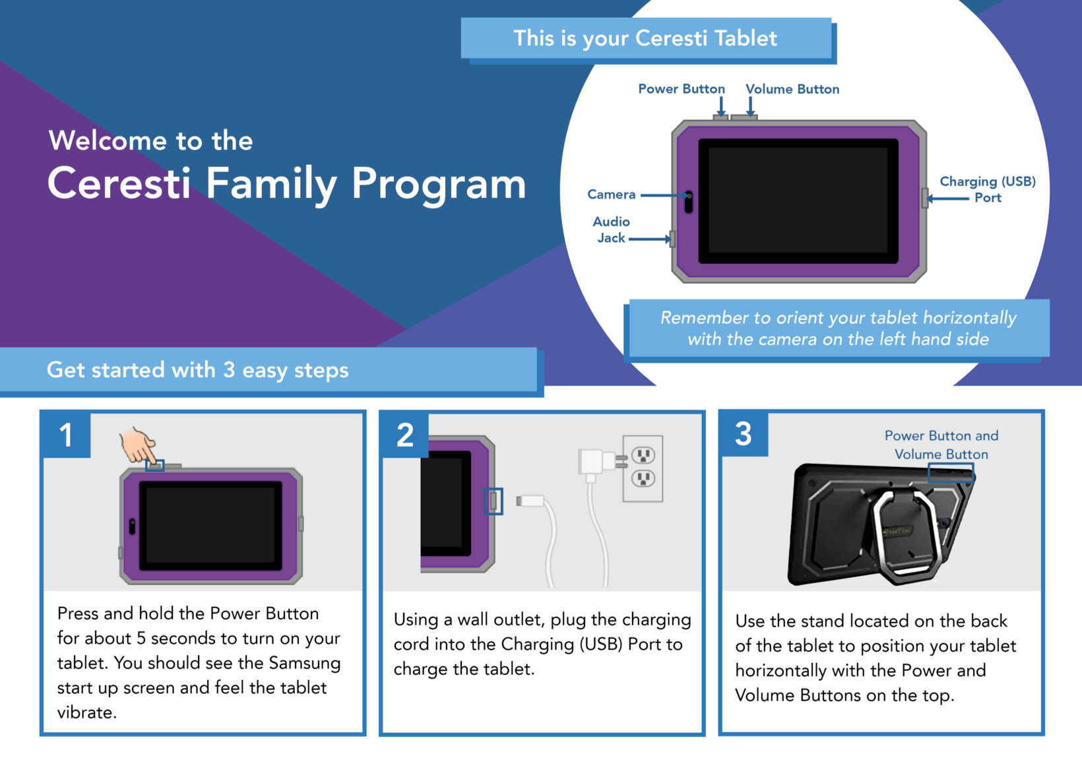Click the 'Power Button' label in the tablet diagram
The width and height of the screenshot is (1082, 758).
coord(681,89)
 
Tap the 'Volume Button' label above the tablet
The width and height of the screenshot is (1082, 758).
coord(792,89)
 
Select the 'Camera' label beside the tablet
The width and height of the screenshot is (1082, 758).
coord(611,194)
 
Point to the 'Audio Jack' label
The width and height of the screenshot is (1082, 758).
coord(611,230)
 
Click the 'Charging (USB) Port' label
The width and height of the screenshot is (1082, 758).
coord(987,189)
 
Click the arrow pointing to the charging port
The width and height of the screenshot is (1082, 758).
coord(947,198)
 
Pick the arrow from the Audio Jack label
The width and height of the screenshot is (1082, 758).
coord(650,239)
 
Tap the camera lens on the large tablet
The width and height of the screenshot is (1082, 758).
coord(689,196)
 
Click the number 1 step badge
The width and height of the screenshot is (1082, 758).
coord(66,434)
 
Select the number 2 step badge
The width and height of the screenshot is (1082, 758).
coord(405,434)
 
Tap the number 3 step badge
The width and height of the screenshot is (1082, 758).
coord(744,433)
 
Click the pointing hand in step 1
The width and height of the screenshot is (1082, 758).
coord(138,445)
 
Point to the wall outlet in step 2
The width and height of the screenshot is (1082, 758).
coord(643,468)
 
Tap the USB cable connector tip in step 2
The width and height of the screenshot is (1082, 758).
coord(530,501)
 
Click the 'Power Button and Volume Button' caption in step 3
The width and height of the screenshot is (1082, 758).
coord(941,445)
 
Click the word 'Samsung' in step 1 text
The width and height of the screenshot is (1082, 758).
coord(305,663)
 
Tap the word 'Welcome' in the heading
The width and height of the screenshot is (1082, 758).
coord(108,141)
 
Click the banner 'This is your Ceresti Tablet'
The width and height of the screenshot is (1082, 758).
coord(646,38)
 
